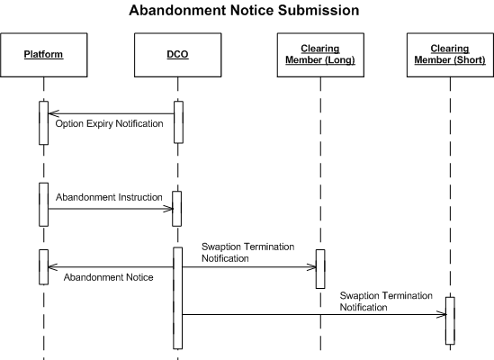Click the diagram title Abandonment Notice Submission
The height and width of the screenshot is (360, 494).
[x=244, y=10]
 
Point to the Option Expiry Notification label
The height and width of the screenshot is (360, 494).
[x=109, y=123]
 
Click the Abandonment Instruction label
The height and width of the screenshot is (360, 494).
[x=109, y=197]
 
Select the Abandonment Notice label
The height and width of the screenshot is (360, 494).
[x=108, y=277]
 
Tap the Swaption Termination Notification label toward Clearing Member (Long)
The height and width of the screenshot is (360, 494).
[x=248, y=252]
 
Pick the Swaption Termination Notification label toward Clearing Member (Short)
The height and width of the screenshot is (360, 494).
[x=386, y=301]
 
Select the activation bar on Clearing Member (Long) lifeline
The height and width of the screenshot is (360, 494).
[x=320, y=269]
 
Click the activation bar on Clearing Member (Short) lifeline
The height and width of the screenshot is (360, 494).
[x=450, y=320]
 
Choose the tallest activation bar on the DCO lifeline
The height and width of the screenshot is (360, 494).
[x=177, y=298]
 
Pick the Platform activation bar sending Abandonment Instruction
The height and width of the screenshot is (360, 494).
[x=44, y=204]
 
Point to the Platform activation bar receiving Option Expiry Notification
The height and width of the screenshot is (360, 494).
[x=44, y=123]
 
